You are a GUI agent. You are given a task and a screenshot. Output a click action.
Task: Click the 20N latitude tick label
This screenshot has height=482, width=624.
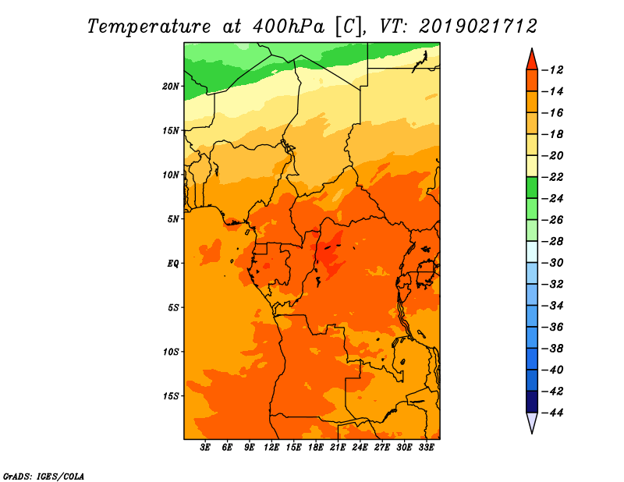click(171, 87)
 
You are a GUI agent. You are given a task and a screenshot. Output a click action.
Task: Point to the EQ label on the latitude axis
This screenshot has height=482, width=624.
click(173, 264)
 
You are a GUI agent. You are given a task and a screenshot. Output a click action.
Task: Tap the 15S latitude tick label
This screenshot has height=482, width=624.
click(171, 396)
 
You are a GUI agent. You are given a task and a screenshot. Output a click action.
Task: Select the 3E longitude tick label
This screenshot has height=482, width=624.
click(205, 448)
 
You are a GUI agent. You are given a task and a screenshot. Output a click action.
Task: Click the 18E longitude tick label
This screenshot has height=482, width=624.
click(316, 448)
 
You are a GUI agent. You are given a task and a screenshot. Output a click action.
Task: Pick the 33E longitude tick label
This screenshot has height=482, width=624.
click(426, 448)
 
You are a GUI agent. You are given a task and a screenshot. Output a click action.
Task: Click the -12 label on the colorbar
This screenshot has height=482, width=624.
click(553, 70)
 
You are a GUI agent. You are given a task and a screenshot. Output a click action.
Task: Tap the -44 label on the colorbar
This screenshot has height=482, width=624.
click(553, 413)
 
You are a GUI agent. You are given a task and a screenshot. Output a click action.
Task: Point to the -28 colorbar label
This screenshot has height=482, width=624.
click(553, 242)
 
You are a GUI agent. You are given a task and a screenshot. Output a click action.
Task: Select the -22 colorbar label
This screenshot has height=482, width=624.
click(553, 177)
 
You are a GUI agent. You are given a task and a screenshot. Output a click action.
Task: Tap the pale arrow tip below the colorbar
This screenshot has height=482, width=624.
click(532, 433)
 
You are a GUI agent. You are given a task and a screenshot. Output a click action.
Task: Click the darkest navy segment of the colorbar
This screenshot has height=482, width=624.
click(532, 402)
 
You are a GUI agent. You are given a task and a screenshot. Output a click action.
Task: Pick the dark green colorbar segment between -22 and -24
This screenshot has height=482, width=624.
click(532, 188)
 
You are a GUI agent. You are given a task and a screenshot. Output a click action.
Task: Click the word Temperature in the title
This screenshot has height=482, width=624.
click(149, 27)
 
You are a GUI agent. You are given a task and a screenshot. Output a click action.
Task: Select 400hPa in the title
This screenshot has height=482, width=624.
click(289, 27)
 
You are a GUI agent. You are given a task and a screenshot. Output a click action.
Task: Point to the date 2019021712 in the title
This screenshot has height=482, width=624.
click(478, 27)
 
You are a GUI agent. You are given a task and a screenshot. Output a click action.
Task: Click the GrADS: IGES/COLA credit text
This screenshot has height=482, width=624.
click(44, 477)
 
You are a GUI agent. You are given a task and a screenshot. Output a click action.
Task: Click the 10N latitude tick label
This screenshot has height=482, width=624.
click(171, 175)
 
